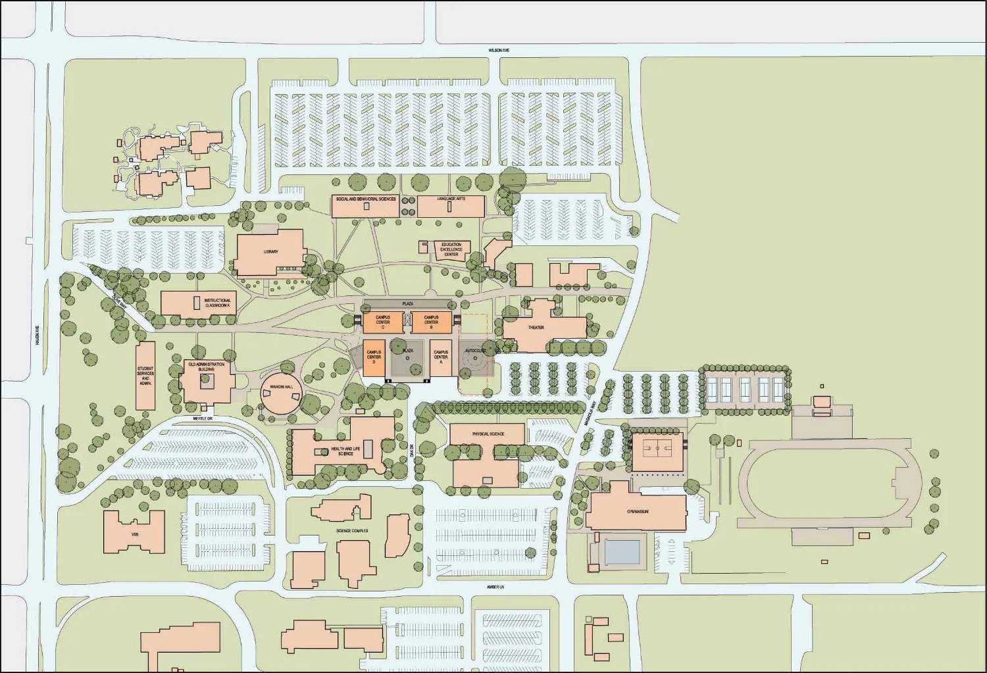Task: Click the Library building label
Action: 270,252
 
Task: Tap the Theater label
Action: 536,328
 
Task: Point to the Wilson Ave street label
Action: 499,50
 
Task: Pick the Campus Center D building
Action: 374,357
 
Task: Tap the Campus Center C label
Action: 383,322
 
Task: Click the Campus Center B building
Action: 431,322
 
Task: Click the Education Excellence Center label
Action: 451,249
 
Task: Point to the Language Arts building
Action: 451,206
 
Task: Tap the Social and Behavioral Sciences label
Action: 365,199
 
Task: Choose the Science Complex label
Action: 352,530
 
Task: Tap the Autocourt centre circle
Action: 475,358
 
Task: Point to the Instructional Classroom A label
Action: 217,303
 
